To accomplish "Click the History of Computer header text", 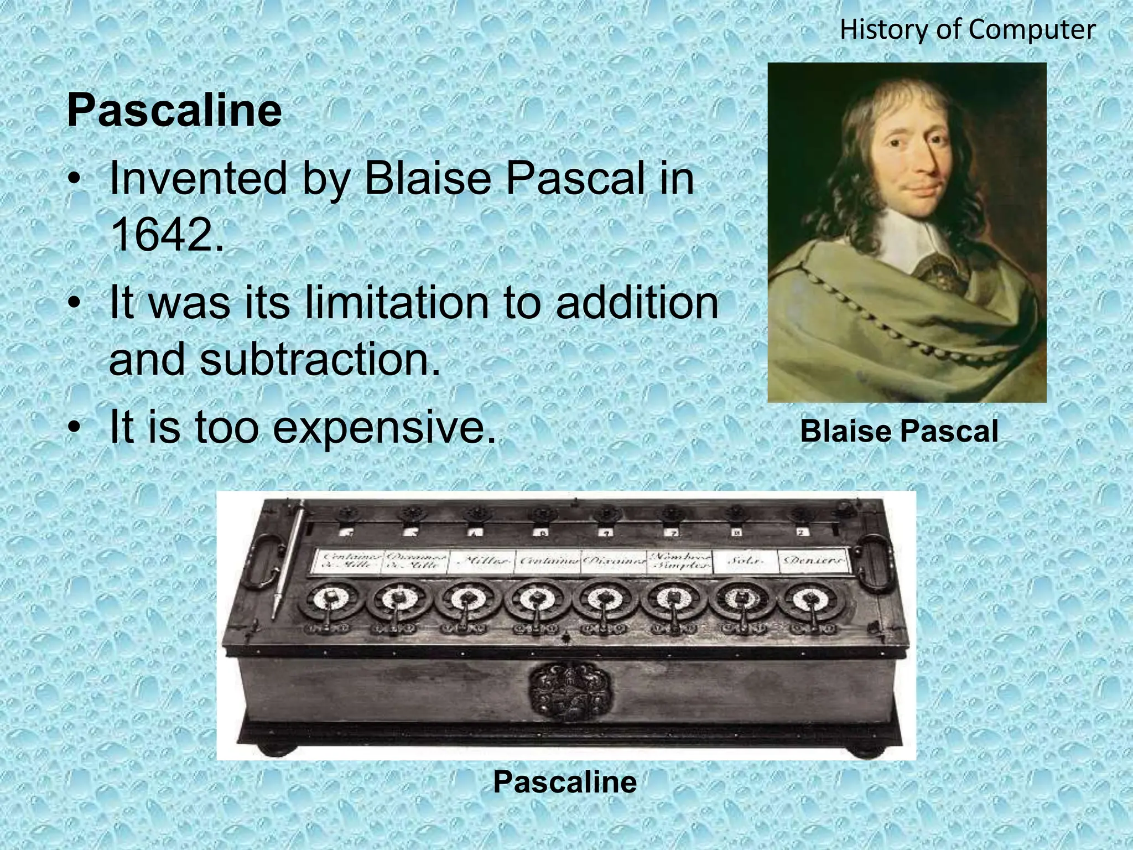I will pyautogui.click(x=967, y=29).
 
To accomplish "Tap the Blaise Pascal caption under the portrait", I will pyautogui.click(x=899, y=431).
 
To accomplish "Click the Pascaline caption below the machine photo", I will pyautogui.click(x=565, y=782).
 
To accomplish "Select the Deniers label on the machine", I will pyautogui.click(x=812, y=561).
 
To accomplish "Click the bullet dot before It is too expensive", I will pyautogui.click(x=75, y=428).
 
